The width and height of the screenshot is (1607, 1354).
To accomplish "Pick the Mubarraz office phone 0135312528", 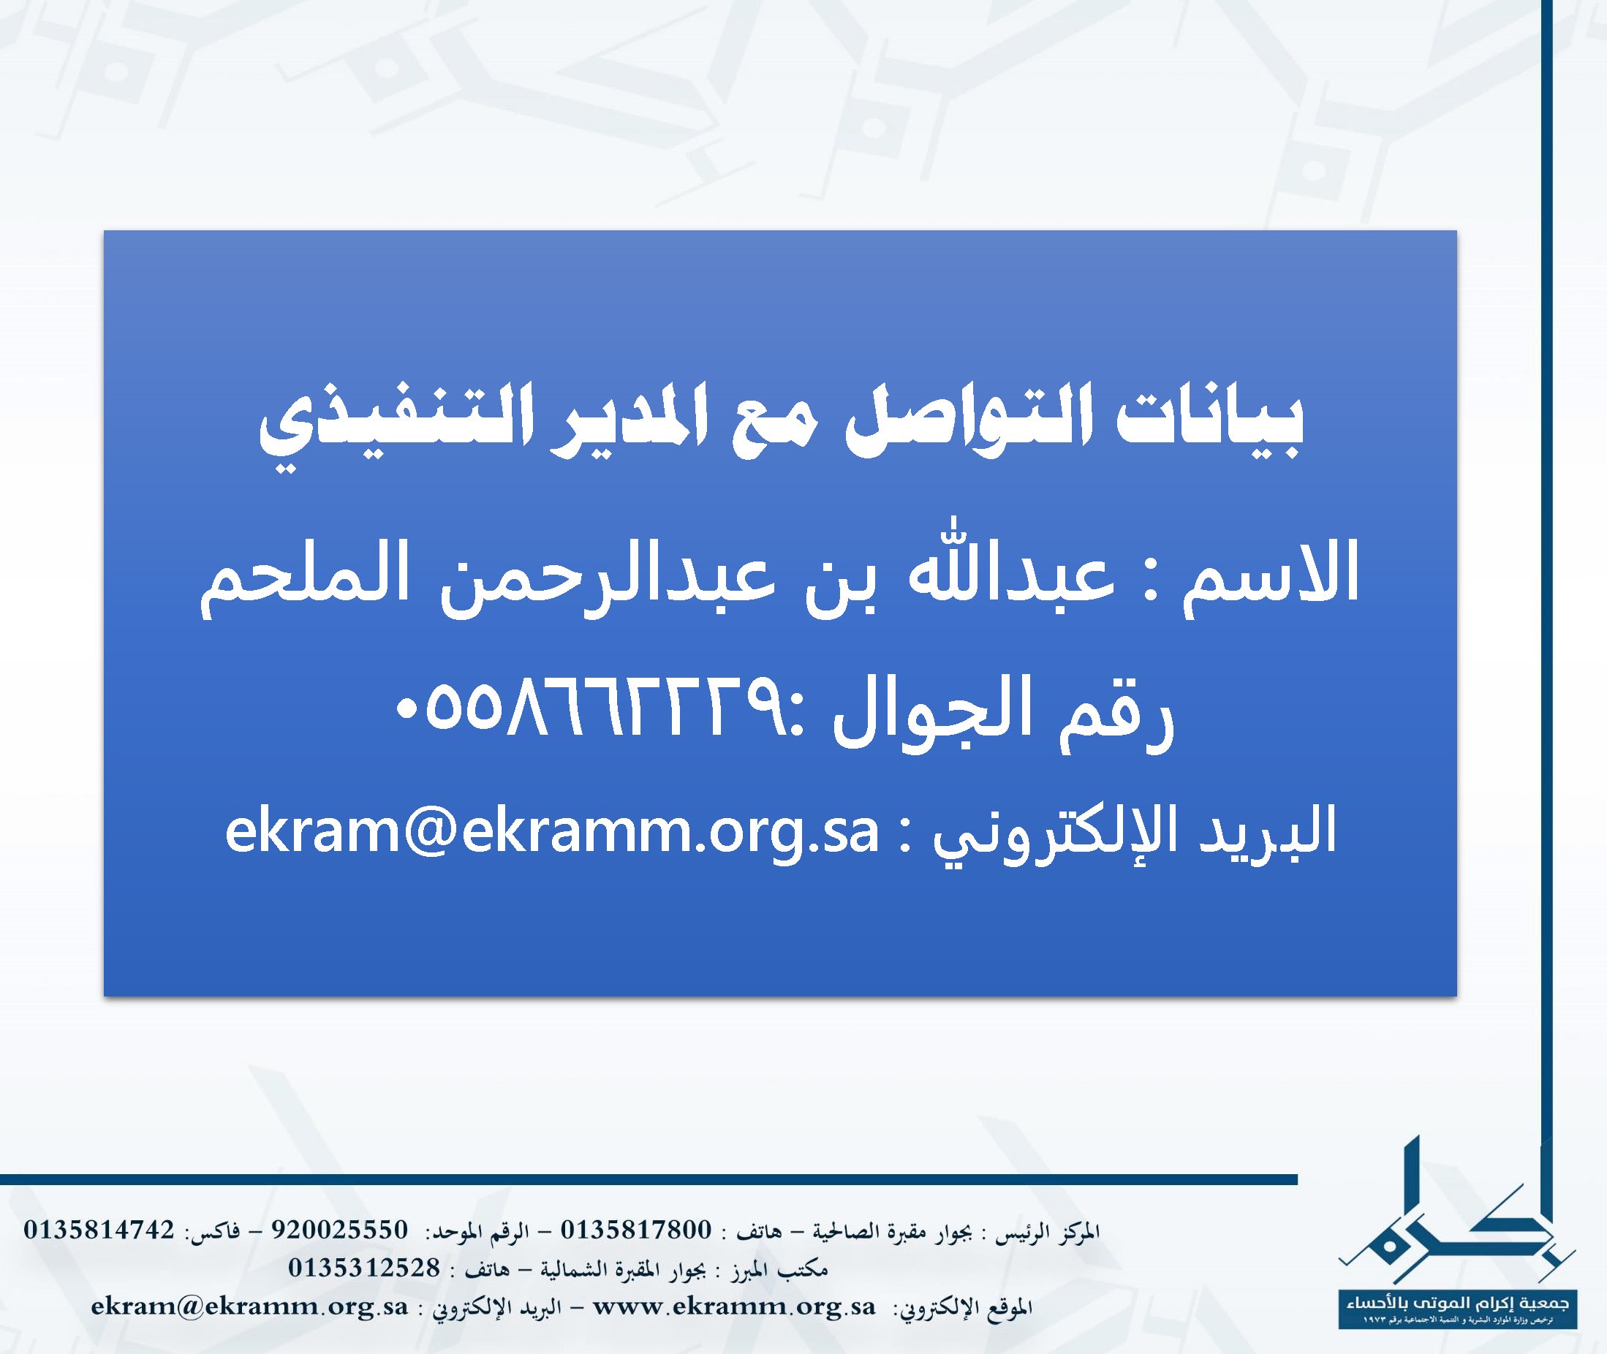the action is tap(365, 1267).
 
